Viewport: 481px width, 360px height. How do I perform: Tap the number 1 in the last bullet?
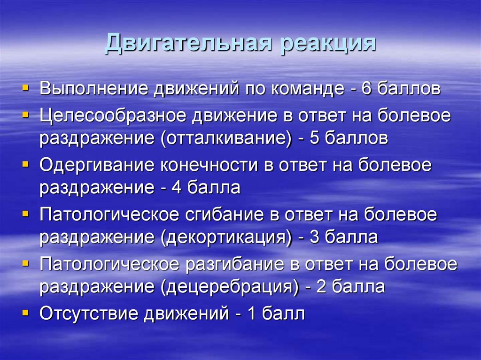(x=251, y=314)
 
